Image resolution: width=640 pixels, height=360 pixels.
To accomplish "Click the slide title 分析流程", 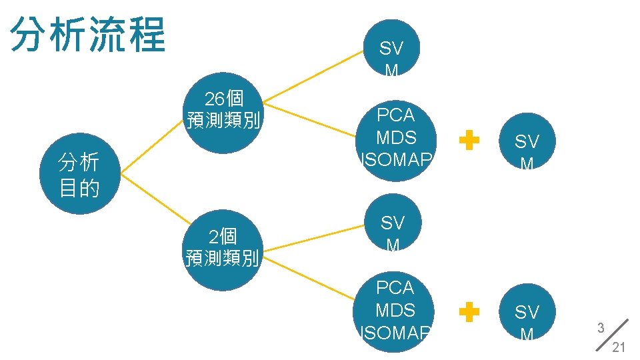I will click(x=88, y=35).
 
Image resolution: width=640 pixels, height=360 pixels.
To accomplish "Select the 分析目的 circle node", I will click(x=79, y=174).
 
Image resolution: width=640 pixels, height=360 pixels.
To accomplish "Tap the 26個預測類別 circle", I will click(x=224, y=110).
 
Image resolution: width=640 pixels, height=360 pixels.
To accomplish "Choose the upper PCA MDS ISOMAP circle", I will click(x=396, y=137).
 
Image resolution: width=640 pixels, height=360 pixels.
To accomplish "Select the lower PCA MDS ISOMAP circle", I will click(x=396, y=310).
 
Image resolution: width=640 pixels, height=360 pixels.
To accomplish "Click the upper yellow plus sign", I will click(x=470, y=141).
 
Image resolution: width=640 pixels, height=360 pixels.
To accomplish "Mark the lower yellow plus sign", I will click(x=470, y=311).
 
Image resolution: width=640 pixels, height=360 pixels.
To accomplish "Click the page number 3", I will click(x=601, y=328).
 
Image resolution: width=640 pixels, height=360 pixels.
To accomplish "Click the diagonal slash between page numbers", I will click(x=611, y=337).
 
